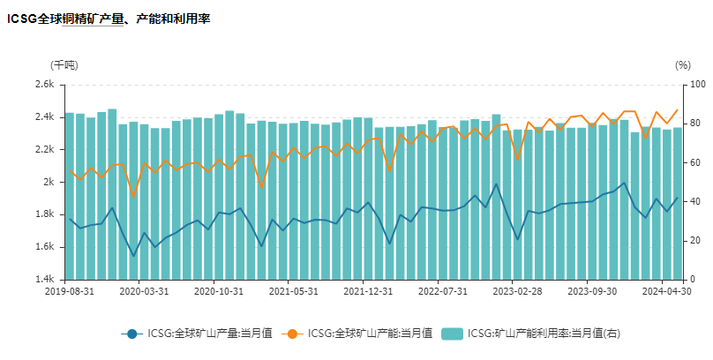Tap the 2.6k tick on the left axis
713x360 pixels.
click(x=45, y=85)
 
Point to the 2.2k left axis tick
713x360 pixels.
click(x=45, y=150)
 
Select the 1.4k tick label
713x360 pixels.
click(x=45, y=280)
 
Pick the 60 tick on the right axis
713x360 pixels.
click(x=694, y=162)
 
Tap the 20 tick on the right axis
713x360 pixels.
click(x=694, y=241)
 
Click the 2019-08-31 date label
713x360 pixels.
click(x=70, y=290)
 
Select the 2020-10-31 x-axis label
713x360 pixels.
click(x=219, y=290)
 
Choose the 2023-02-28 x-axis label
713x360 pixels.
click(x=518, y=290)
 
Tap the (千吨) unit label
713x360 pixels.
click(x=64, y=64)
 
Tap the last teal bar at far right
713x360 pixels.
click(x=678, y=203)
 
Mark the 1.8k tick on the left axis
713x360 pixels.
click(x=45, y=214)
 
